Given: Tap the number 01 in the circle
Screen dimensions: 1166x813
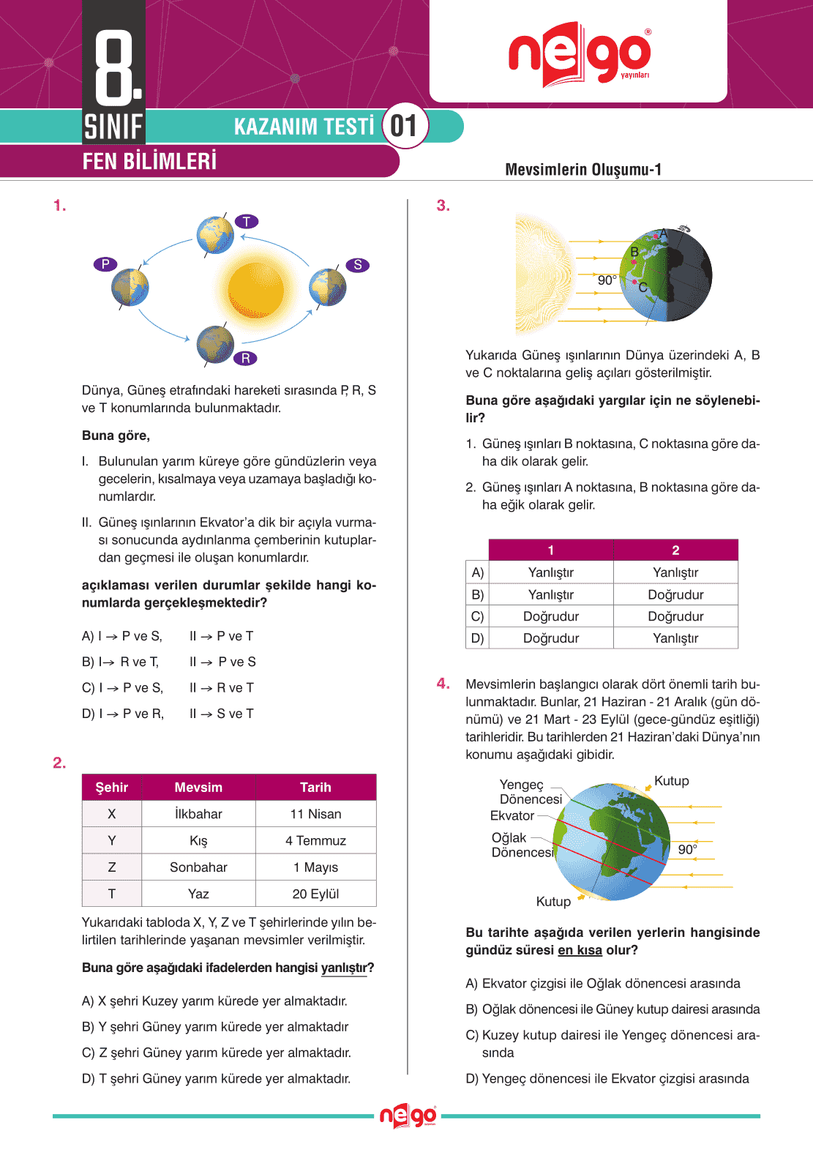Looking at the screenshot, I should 404,126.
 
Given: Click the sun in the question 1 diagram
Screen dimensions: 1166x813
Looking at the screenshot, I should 255,291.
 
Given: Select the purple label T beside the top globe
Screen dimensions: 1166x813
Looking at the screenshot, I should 247,222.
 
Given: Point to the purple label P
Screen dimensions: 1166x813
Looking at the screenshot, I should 105,264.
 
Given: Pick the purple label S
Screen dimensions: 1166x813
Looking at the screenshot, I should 357,265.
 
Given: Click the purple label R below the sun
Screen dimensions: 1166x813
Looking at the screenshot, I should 246,358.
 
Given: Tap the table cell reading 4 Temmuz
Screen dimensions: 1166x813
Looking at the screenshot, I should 315,841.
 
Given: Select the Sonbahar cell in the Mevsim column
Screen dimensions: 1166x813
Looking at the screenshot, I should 198,867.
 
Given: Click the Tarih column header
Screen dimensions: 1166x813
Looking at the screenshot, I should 315,788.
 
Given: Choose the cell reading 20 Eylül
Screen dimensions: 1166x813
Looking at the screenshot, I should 315,894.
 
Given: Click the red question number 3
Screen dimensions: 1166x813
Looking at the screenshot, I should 443,206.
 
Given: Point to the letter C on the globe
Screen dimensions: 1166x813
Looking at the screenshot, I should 642,287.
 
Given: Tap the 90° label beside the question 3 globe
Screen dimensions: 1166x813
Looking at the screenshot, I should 607,280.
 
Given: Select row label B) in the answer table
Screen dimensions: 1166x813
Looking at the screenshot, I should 478,594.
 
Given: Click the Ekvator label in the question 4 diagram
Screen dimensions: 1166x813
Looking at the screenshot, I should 512,815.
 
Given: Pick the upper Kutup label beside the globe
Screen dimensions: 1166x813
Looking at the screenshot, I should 671,781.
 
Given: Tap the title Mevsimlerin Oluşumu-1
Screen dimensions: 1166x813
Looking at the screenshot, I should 583,170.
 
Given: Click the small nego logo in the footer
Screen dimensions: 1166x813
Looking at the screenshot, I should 408,1116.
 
